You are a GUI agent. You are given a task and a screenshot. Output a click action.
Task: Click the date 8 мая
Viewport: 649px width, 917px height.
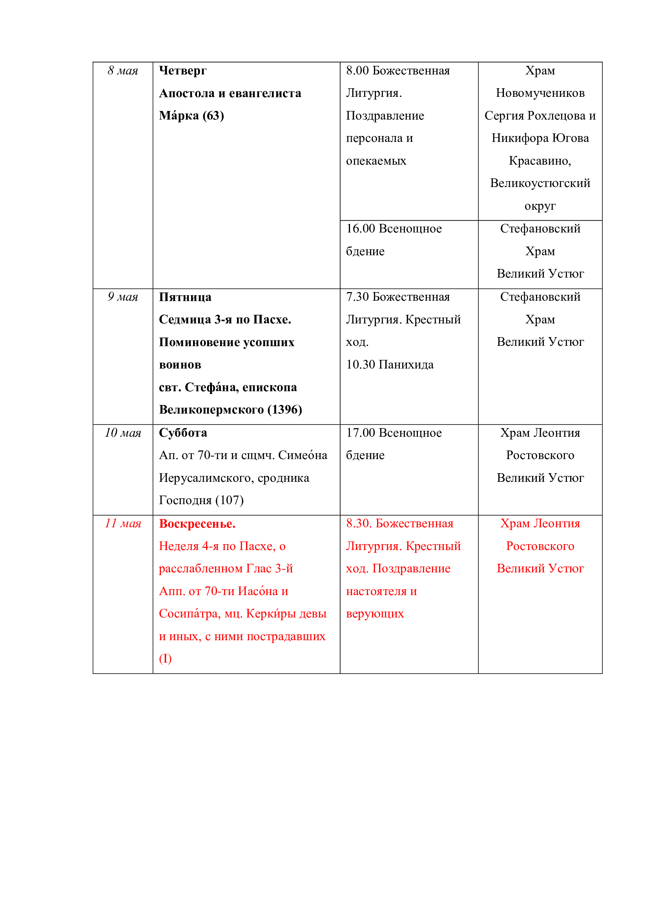123,71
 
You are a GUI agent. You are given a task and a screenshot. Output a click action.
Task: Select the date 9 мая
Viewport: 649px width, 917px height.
123,297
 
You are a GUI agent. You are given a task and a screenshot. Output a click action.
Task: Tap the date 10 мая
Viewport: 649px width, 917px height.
123,433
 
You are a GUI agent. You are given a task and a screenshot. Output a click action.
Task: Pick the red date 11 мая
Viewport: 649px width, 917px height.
123,524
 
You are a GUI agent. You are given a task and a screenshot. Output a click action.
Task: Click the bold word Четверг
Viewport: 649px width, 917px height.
182,71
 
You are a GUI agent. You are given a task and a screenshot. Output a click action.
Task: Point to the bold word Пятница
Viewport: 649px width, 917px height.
185,297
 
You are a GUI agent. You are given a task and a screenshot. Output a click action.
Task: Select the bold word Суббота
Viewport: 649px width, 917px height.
182,433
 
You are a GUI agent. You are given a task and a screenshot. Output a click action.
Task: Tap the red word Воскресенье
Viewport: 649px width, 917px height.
197,524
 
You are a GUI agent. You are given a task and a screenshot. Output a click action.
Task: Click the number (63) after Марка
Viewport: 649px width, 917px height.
213,116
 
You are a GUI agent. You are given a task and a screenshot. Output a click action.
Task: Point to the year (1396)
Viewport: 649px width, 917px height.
284,410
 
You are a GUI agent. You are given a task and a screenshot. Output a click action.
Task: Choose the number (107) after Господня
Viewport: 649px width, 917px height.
230,500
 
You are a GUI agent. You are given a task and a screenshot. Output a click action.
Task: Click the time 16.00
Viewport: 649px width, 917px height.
361,229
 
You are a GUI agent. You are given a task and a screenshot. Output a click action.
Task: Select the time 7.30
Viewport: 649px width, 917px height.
357,297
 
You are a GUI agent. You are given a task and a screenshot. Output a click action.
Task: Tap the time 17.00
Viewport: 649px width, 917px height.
361,433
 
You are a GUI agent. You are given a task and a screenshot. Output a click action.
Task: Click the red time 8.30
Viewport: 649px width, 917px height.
359,524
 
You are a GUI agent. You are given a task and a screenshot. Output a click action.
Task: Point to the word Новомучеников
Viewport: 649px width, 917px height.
540,93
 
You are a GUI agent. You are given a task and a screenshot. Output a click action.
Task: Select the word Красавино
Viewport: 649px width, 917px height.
539,161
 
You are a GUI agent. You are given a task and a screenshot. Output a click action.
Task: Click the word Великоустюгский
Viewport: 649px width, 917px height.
540,183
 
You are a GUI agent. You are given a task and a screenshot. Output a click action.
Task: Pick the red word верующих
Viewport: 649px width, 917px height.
375,614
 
